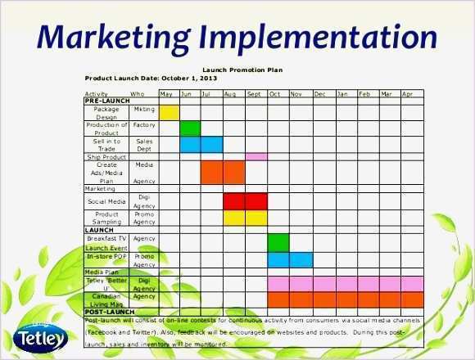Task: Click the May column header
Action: [x=167, y=94]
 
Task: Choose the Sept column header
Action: [x=255, y=94]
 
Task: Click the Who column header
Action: [x=138, y=94]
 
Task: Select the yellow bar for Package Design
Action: [x=169, y=112]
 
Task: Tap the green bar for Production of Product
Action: [x=190, y=128]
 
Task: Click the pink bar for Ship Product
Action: [x=256, y=156]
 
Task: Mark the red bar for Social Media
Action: [x=245, y=201]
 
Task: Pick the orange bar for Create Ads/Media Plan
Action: [x=223, y=172]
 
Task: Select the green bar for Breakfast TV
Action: [x=278, y=242]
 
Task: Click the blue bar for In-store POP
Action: [x=290, y=259]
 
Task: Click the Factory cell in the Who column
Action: [x=144, y=124]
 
